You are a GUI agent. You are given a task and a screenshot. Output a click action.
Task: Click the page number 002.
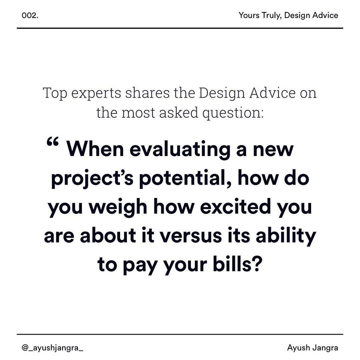pyautogui.click(x=30, y=16)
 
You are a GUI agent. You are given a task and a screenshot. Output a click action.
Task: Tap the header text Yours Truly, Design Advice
pyautogui.click(x=288, y=15)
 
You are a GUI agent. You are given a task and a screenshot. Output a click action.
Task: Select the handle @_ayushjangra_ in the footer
pyautogui.click(x=52, y=348)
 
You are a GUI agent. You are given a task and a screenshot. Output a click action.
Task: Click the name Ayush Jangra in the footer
pyautogui.click(x=312, y=348)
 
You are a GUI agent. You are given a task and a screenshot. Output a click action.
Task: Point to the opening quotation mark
pyautogui.click(x=53, y=142)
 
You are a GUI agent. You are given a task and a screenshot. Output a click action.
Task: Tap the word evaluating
pyautogui.click(x=180, y=150)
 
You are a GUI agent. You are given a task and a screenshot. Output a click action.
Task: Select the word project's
pyautogui.click(x=92, y=179)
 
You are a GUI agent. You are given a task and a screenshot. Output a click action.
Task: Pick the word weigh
pyautogui.click(x=118, y=208)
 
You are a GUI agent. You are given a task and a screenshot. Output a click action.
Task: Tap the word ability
pyautogui.click(x=286, y=236)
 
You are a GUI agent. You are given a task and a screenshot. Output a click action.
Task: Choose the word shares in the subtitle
pyautogui.click(x=148, y=93)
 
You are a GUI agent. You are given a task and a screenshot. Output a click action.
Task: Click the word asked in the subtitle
pyautogui.click(x=178, y=113)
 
